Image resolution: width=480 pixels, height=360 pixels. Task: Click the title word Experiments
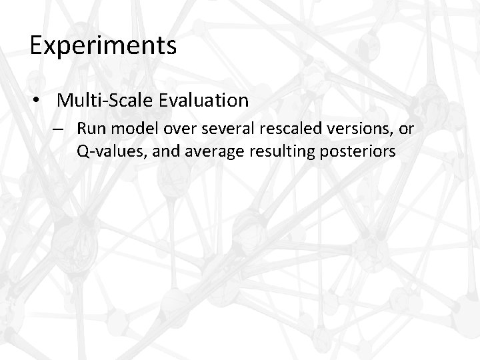tap(103, 47)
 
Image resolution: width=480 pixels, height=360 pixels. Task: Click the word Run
tap(90, 127)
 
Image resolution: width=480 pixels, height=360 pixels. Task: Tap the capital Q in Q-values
tap(83, 151)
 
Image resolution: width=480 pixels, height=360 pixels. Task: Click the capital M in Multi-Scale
tap(65, 101)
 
